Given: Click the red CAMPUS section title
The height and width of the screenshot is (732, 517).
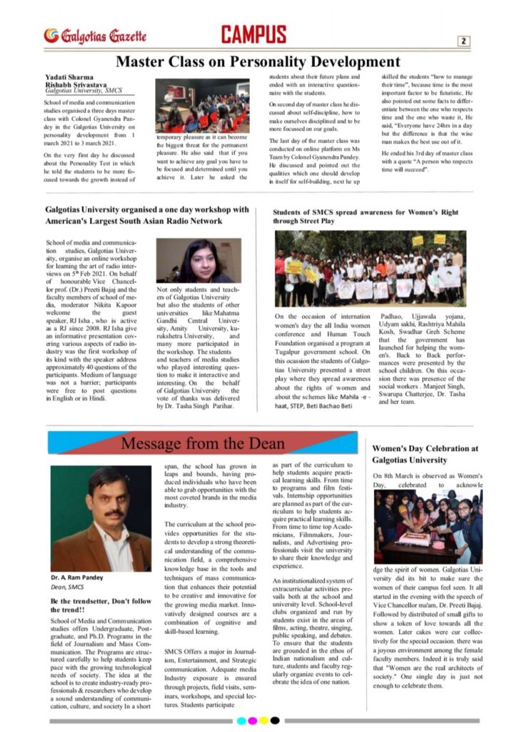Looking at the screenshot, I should click(x=254, y=34).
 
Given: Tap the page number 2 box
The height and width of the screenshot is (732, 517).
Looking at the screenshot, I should click(x=463, y=41).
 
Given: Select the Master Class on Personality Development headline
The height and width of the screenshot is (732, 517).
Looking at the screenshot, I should click(x=258, y=61).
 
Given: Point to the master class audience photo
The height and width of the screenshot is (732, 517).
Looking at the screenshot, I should click(x=202, y=105).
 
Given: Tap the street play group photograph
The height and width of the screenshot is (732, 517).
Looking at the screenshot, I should click(x=371, y=269).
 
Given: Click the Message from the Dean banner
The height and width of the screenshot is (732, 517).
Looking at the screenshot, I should click(x=204, y=443).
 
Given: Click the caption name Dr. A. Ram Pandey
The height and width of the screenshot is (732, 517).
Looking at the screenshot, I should click(x=79, y=577).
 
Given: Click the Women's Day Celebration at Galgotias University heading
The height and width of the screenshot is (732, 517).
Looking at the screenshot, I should click(x=424, y=454).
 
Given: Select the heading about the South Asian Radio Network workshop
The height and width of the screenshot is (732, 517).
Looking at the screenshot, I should click(x=147, y=215).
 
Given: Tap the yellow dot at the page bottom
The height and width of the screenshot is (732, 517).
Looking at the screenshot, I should click(x=264, y=721).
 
